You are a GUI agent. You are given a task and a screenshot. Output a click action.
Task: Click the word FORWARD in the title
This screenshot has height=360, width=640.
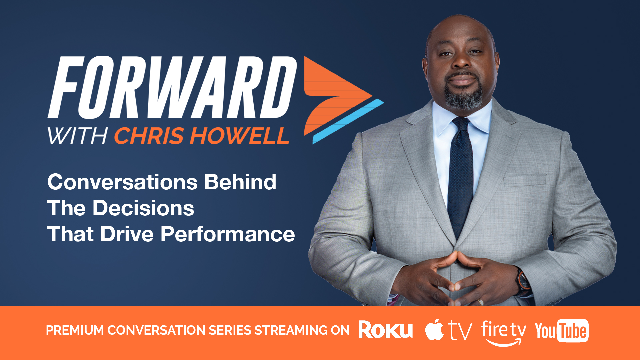pos(172,87)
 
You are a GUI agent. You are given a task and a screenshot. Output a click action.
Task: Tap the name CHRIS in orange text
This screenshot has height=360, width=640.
pos(149,136)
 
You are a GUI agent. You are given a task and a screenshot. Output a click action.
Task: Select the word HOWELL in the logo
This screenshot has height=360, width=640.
pos(239,136)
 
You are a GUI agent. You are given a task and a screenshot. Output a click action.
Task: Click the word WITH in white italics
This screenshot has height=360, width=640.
pos(77,136)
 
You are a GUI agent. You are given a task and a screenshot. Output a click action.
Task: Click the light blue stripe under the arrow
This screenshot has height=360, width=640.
pos(348,121)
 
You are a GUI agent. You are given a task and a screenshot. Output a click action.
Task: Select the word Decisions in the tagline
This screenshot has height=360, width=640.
pos(143,208)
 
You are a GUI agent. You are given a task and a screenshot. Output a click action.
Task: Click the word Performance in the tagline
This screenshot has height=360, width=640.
pos(228,234)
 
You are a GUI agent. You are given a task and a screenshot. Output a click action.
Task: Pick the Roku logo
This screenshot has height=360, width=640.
pos(386,330)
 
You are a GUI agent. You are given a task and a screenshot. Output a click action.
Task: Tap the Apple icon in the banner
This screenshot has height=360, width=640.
pos(434,330)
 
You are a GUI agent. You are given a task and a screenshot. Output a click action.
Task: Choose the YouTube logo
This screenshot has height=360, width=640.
pos(562,331)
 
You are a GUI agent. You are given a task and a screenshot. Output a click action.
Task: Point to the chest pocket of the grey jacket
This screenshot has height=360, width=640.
pos(525,180)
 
